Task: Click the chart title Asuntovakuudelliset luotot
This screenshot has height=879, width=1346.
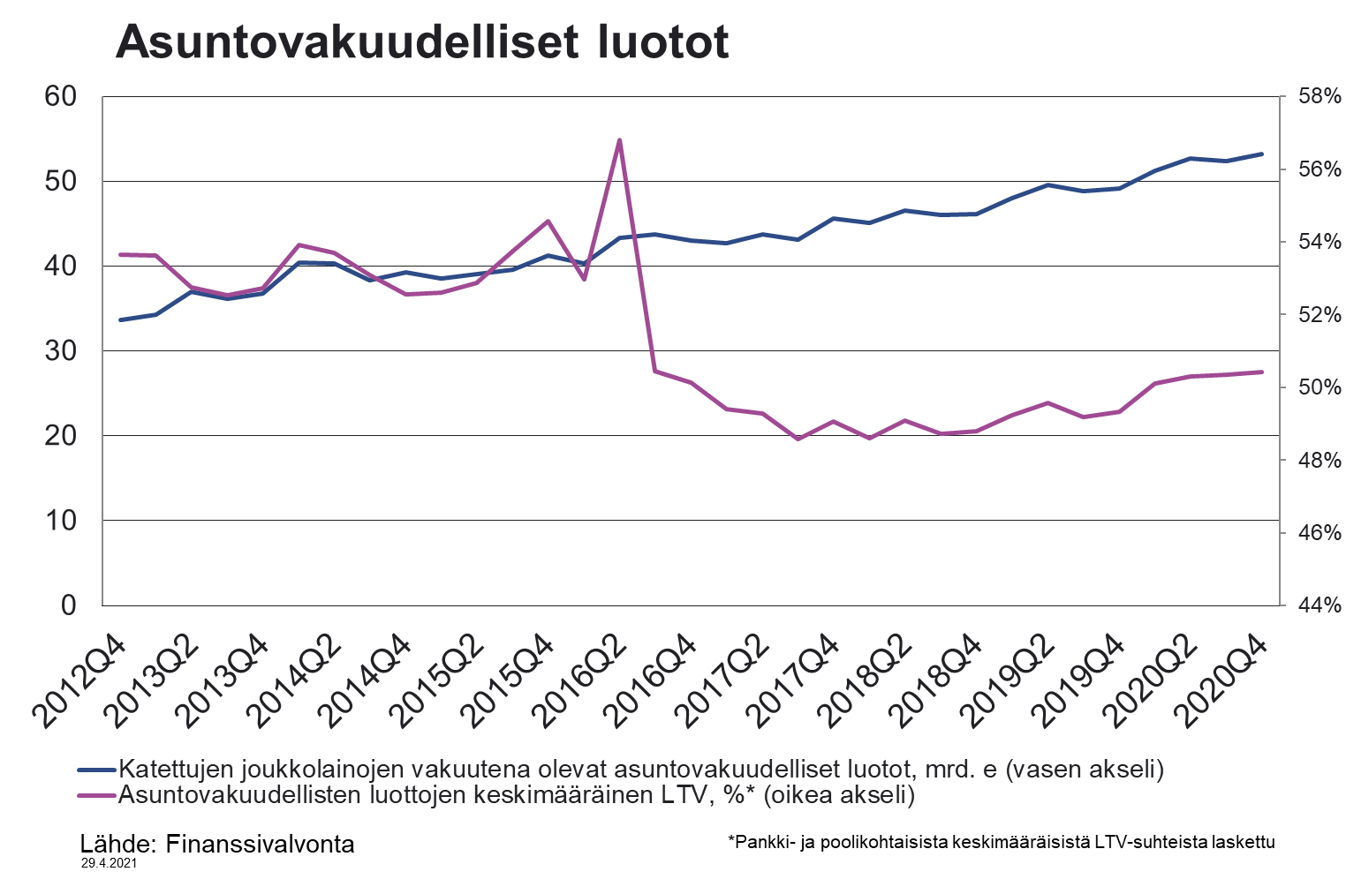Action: click(422, 41)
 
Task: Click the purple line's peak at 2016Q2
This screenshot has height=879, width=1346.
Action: click(619, 140)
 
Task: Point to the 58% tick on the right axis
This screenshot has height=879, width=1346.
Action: click(1319, 96)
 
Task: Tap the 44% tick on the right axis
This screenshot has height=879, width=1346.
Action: click(1319, 605)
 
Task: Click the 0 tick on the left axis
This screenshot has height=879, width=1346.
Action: click(69, 605)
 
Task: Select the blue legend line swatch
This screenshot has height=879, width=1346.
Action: click(96, 770)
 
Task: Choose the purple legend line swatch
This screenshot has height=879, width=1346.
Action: click(96, 795)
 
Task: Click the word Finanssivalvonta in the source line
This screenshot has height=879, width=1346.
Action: click(260, 844)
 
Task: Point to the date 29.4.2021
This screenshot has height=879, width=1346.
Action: click(109, 866)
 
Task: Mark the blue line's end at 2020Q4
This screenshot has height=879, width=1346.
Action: click(1261, 154)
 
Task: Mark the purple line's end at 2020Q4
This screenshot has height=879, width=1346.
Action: click(1261, 372)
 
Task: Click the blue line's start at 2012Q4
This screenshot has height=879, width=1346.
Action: click(120, 319)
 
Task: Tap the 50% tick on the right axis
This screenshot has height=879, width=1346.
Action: click(1319, 387)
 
